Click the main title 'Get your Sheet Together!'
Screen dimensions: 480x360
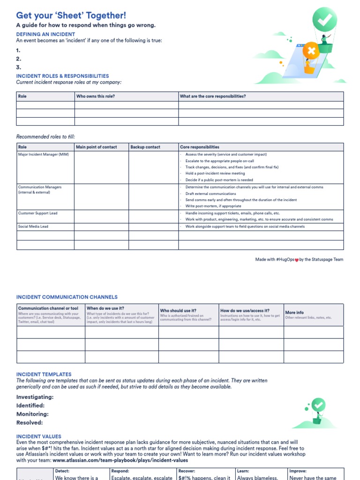pyautogui.click(x=71, y=15)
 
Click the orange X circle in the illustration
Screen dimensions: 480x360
pyautogui.click(x=310, y=50)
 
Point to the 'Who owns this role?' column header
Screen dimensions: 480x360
pyautogui.click(x=96, y=97)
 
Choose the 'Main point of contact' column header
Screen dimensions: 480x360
pyautogui.click(x=97, y=147)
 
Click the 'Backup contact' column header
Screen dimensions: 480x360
pyautogui.click(x=145, y=147)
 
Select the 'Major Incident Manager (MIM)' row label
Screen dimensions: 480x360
pyautogui.click(x=43, y=154)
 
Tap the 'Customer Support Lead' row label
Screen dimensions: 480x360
pyautogui.click(x=37, y=213)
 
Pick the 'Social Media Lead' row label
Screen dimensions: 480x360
pyautogui.click(x=33, y=226)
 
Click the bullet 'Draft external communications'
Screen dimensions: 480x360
pyautogui.click(x=210, y=194)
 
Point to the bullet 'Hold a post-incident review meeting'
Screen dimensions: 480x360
pyautogui.click(x=215, y=173)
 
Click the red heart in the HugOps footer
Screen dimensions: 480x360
pyautogui.click(x=296, y=260)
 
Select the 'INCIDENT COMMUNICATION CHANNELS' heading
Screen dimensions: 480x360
pyautogui.click(x=67, y=297)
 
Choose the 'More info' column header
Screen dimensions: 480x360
pyautogui.click(x=294, y=312)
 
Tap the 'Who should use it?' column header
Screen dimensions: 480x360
pyautogui.click(x=178, y=311)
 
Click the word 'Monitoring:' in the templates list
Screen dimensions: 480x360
pyautogui.click(x=32, y=414)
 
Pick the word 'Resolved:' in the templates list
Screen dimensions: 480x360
pyautogui.click(x=30, y=422)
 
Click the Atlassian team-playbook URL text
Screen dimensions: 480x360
pyautogui.click(x=120, y=460)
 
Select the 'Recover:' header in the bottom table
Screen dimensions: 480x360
pyautogui.click(x=187, y=471)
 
